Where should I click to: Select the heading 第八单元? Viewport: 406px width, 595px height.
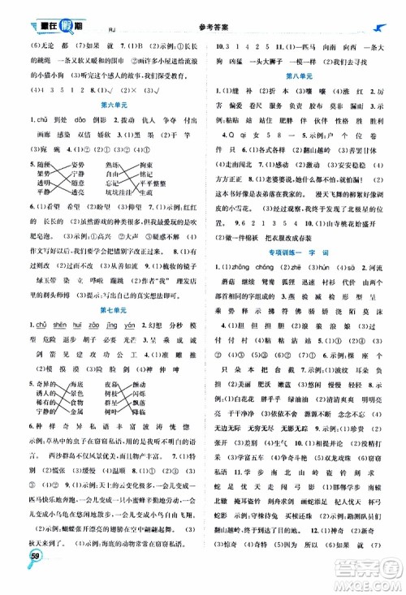(x=302, y=74)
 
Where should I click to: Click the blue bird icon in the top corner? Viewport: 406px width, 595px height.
(x=382, y=7)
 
